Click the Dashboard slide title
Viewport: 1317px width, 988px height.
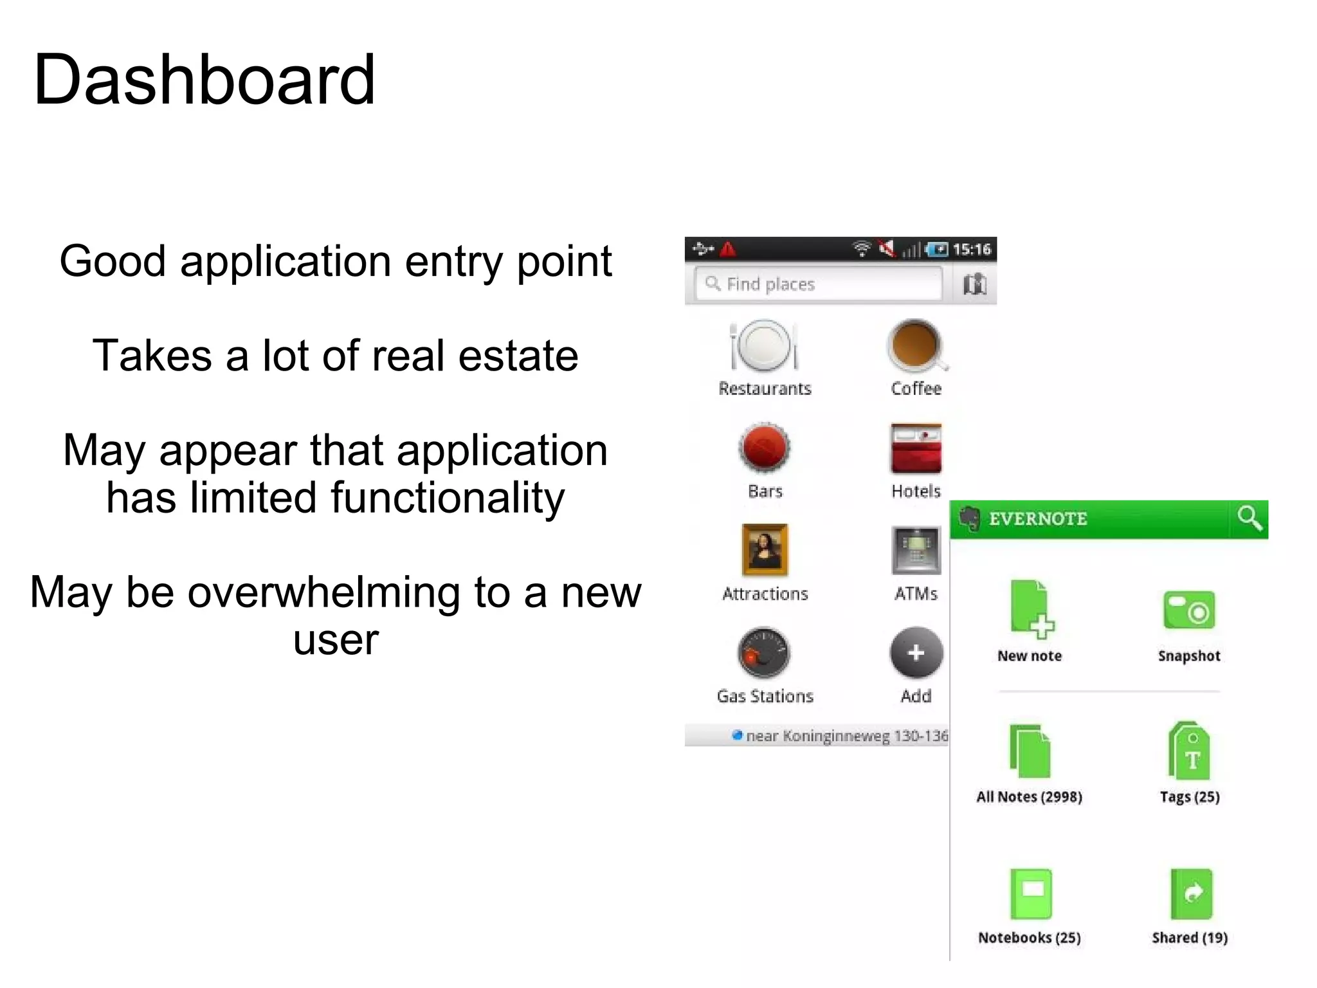204,80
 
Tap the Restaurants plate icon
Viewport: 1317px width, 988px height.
764,345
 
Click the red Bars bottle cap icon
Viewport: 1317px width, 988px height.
764,448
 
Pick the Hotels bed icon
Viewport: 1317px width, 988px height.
916,448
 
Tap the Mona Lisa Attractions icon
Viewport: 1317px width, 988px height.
765,550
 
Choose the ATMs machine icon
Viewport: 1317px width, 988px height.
916,550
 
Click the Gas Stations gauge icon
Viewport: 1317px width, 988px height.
764,653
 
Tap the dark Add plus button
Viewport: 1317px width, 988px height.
916,653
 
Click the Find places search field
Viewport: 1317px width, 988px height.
818,284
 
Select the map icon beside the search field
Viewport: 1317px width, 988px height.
975,284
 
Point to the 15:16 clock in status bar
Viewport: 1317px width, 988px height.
972,250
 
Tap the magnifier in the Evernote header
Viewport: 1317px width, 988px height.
1249,518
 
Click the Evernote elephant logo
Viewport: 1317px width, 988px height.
968,518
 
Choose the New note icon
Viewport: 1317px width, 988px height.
1031,609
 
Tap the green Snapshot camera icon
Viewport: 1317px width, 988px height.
1189,610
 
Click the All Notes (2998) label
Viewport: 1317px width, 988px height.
1029,797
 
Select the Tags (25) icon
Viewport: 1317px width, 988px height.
1189,751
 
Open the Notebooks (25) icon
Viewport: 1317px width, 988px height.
1030,893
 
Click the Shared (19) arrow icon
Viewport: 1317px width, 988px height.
1191,893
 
